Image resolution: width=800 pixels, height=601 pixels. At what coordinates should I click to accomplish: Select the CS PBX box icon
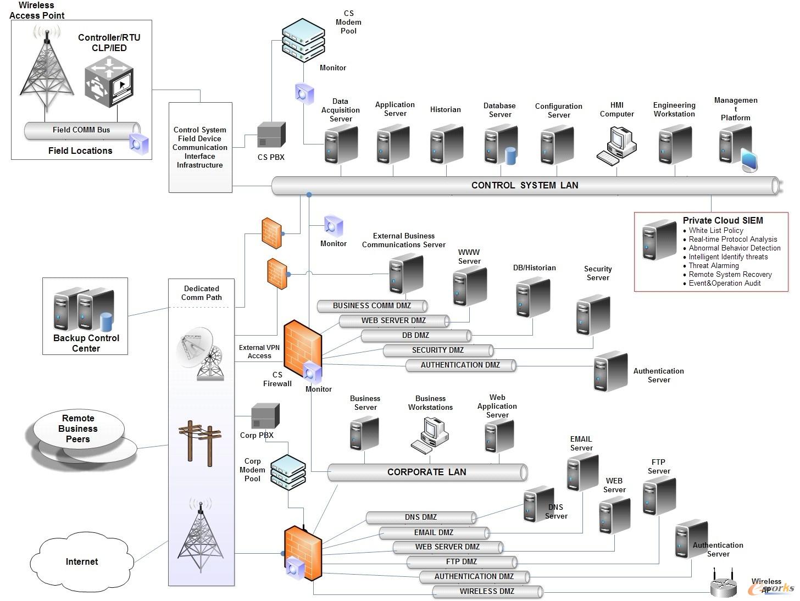pos(271,135)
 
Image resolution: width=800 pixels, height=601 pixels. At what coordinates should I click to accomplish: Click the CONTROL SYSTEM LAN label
pos(525,186)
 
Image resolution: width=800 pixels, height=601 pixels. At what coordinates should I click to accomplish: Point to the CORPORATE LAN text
pos(426,472)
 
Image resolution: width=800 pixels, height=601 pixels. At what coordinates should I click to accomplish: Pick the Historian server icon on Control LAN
pos(446,144)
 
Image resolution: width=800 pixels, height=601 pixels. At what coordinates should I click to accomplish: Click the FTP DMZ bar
pos(462,562)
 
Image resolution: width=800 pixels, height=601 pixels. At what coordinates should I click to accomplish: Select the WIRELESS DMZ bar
pos(487,592)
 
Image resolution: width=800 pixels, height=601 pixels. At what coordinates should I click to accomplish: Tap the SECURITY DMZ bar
pos(438,350)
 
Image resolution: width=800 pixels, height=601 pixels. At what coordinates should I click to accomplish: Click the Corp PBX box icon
pos(265,416)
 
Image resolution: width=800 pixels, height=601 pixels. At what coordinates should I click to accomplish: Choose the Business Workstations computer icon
pos(430,435)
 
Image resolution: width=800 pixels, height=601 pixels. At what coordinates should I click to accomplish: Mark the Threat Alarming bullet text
pos(713,266)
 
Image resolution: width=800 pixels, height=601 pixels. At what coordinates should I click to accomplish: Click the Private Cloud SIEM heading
pos(723,220)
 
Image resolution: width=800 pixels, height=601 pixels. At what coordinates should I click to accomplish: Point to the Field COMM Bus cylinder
pos(81,130)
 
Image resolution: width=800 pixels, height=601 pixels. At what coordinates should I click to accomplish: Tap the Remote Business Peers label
pos(78,429)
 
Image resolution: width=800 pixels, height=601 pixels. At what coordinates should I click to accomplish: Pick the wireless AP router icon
pos(723,586)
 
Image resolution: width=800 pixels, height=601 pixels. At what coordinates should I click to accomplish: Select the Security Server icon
pos(593,315)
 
